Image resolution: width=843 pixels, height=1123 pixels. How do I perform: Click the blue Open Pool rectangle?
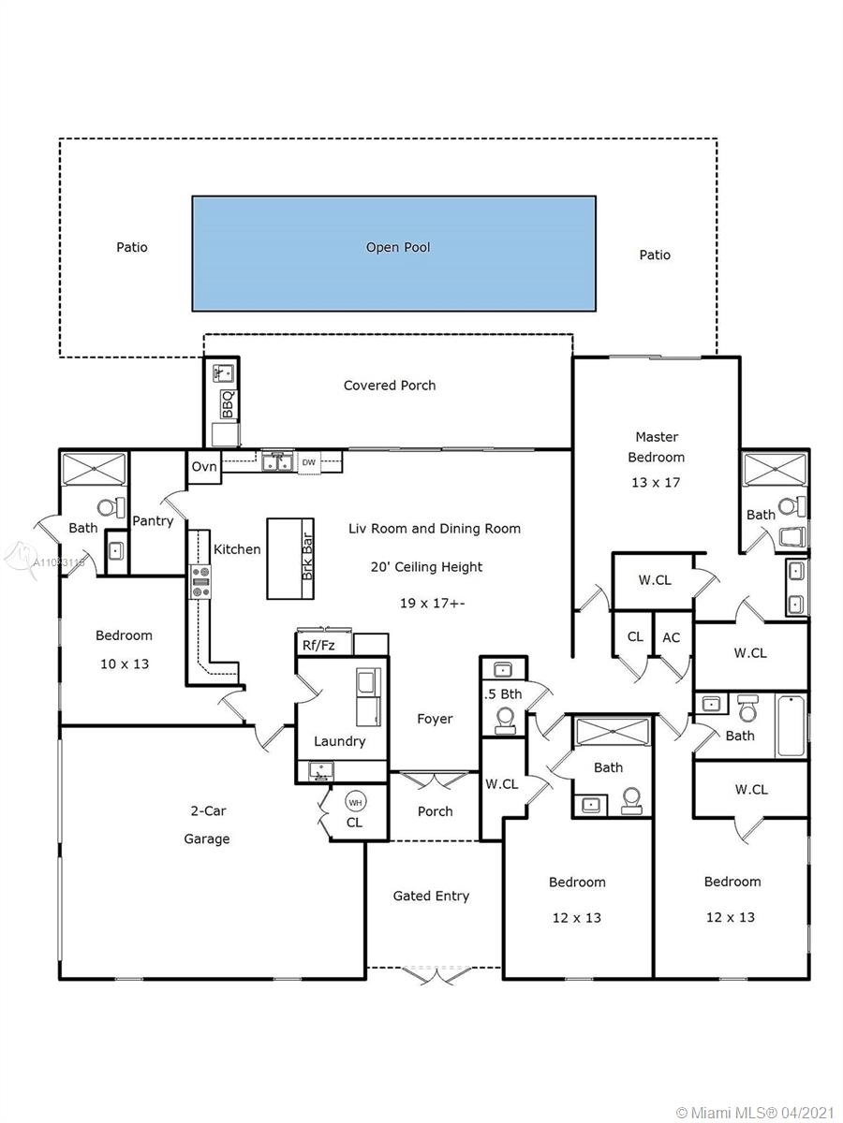tap(393, 254)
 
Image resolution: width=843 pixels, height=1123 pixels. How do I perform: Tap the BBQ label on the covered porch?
tap(229, 403)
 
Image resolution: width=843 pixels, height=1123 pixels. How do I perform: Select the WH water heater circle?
tap(355, 802)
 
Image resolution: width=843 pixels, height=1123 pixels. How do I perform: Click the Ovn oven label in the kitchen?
tap(204, 467)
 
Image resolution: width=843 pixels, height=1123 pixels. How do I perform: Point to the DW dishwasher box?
tap(309, 462)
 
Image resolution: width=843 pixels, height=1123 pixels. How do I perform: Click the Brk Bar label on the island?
tap(307, 557)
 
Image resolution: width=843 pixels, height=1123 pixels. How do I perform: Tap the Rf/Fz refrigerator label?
tap(318, 646)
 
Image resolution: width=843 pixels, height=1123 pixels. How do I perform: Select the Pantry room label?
tap(153, 521)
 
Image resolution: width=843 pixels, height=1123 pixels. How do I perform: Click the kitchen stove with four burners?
tap(200, 582)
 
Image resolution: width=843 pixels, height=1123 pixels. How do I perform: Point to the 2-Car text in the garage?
tap(208, 811)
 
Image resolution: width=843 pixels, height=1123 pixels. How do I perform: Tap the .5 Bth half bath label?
tap(503, 694)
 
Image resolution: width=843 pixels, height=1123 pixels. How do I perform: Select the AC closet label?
tap(671, 637)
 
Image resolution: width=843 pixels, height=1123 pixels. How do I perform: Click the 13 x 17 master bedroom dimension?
tap(656, 483)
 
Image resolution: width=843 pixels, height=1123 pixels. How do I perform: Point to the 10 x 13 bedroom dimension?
tap(125, 664)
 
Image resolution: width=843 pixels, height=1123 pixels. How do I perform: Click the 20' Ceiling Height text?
tap(427, 567)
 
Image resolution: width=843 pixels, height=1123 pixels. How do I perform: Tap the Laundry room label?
tap(340, 741)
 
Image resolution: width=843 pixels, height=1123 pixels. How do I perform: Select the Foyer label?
tap(435, 719)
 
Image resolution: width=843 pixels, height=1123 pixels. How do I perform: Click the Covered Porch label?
tap(390, 386)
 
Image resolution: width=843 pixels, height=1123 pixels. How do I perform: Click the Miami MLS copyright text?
tap(756, 1111)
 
